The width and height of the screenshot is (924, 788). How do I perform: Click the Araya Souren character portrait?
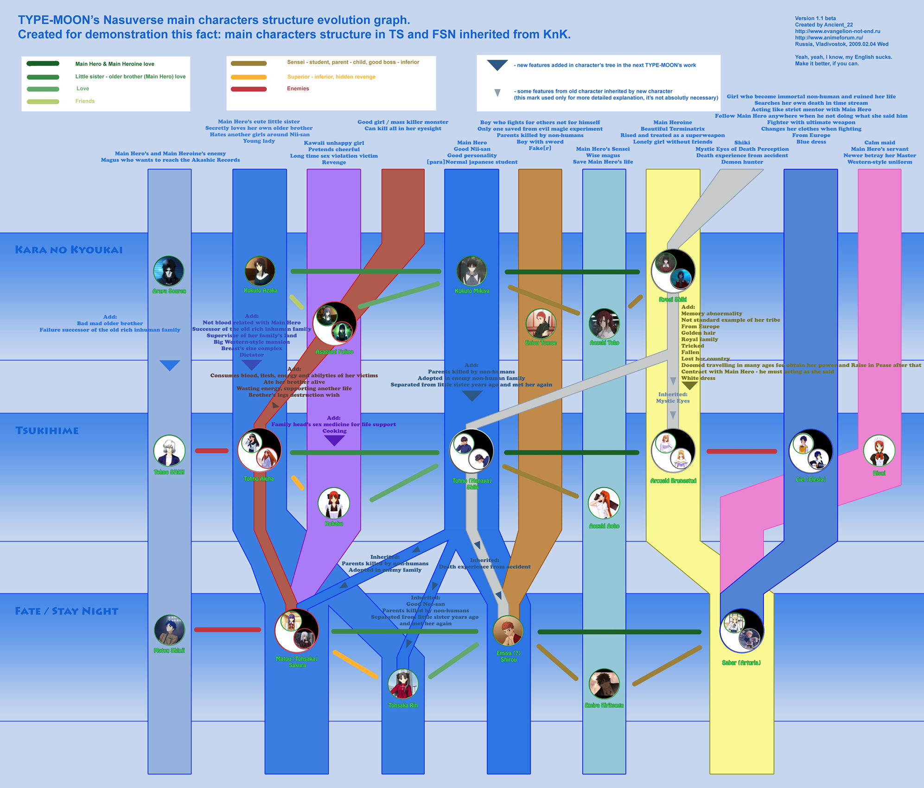click(169, 271)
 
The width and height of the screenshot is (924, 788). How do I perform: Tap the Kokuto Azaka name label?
click(261, 291)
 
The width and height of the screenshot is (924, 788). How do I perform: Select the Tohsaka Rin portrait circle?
click(403, 684)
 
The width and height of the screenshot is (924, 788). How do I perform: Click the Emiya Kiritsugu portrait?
click(604, 684)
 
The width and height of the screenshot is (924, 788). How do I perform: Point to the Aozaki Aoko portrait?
click(604, 503)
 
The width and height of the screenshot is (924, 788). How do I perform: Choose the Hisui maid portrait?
click(879, 451)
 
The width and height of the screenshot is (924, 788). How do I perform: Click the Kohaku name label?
click(334, 524)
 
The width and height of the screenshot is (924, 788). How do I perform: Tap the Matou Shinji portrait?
click(169, 630)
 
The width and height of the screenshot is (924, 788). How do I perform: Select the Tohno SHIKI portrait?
click(169, 451)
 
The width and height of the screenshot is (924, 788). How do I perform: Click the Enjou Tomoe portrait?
click(541, 324)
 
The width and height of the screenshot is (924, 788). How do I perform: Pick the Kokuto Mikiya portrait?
click(472, 271)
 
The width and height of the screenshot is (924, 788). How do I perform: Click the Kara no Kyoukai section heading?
click(69, 250)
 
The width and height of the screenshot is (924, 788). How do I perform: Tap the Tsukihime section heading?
click(47, 431)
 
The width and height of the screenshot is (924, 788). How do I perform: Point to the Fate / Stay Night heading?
click(66, 611)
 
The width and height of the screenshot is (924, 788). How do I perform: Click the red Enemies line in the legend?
click(249, 89)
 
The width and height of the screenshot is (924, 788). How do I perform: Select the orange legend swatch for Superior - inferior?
click(249, 77)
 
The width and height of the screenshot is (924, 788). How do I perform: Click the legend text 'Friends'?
click(85, 101)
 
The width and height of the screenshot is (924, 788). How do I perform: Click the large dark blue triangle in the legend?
click(497, 65)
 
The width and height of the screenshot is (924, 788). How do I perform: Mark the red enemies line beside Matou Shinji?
click(227, 629)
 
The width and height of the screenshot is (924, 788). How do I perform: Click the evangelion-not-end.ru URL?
click(837, 32)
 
